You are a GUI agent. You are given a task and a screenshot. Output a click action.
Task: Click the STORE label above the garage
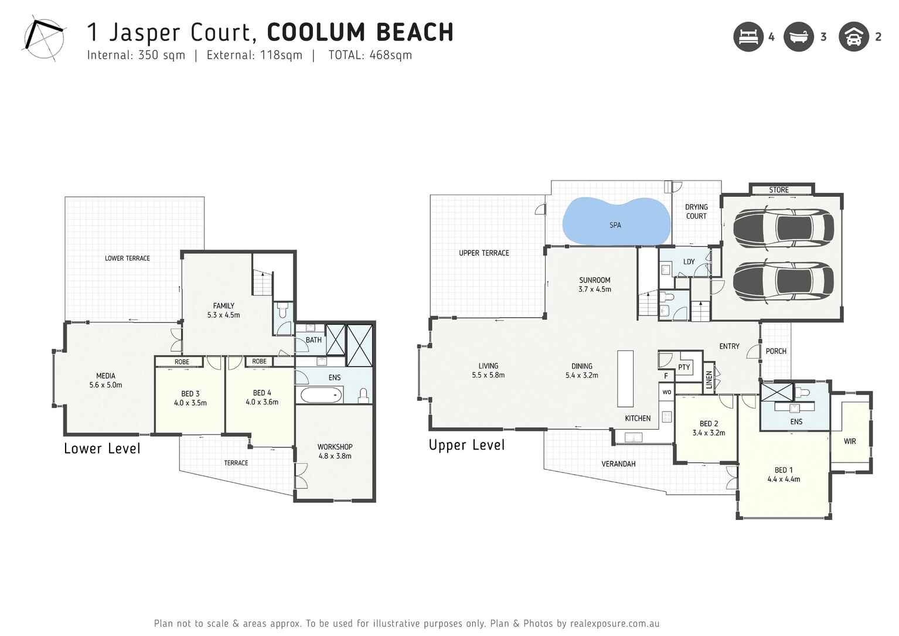(x=779, y=190)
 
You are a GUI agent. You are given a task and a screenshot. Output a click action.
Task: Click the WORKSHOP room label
(x=335, y=451)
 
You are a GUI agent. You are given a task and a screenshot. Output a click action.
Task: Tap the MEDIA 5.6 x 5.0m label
(x=105, y=380)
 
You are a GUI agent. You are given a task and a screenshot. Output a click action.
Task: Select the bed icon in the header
(x=748, y=37)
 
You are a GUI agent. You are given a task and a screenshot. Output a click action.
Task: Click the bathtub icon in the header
(x=799, y=37)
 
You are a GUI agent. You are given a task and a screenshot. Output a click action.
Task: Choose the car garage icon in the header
(x=854, y=37)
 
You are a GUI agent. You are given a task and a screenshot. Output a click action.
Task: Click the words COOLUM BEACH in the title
(x=360, y=32)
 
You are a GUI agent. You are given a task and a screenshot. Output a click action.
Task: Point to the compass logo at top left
(x=44, y=40)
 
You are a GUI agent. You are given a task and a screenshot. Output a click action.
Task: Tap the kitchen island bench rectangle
(x=625, y=378)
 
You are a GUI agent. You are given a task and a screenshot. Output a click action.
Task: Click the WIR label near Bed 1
(x=850, y=441)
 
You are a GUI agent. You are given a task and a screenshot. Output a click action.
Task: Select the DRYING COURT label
(x=696, y=212)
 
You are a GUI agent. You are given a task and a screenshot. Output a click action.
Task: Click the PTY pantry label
(x=684, y=368)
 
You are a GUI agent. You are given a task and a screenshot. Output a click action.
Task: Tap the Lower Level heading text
(x=102, y=449)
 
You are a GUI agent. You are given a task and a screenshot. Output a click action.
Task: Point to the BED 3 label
(x=190, y=398)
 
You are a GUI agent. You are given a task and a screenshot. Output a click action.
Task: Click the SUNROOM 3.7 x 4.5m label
(x=594, y=284)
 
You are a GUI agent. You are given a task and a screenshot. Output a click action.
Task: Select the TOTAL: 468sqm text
(x=370, y=55)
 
